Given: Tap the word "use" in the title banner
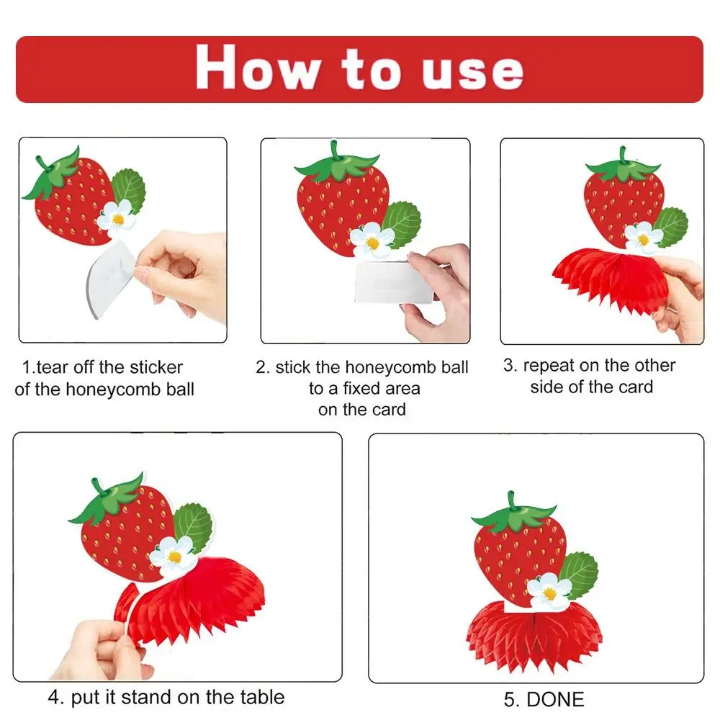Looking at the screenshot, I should [x=472, y=71].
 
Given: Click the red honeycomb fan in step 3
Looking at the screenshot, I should [x=606, y=277].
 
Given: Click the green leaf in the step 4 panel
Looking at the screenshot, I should [x=193, y=526].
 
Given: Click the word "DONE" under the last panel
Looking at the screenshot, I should [x=555, y=699].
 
